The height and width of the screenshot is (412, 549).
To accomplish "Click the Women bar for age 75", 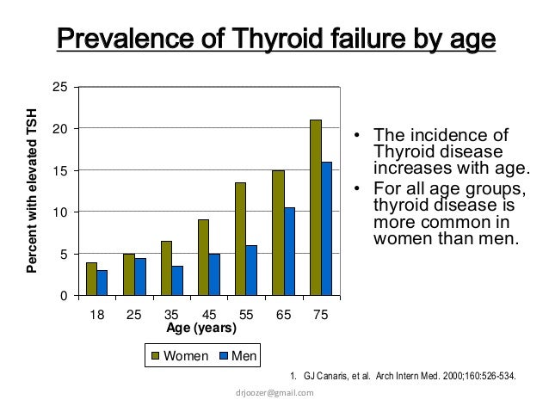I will coord(315,207).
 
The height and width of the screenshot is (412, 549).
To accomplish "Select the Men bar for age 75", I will coord(326,229).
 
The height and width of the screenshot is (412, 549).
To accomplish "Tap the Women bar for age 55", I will coord(240,239).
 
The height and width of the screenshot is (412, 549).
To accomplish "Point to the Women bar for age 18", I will coord(91,279).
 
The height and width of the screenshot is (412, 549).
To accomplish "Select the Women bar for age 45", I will coord(203,257).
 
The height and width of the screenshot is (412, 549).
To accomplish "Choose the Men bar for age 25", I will coord(140,276).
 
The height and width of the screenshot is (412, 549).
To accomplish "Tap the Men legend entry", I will coord(240,355).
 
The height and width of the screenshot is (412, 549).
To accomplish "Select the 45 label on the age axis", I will coord(208,315).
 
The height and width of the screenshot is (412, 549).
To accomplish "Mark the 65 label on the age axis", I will coord(283,315).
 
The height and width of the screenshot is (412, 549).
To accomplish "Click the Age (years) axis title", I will coord(200,328).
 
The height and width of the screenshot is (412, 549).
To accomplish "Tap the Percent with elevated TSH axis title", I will coord(33,192).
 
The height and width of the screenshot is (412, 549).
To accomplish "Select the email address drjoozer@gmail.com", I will coord(274,392).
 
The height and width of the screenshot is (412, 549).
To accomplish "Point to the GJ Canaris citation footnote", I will coord(405,375).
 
